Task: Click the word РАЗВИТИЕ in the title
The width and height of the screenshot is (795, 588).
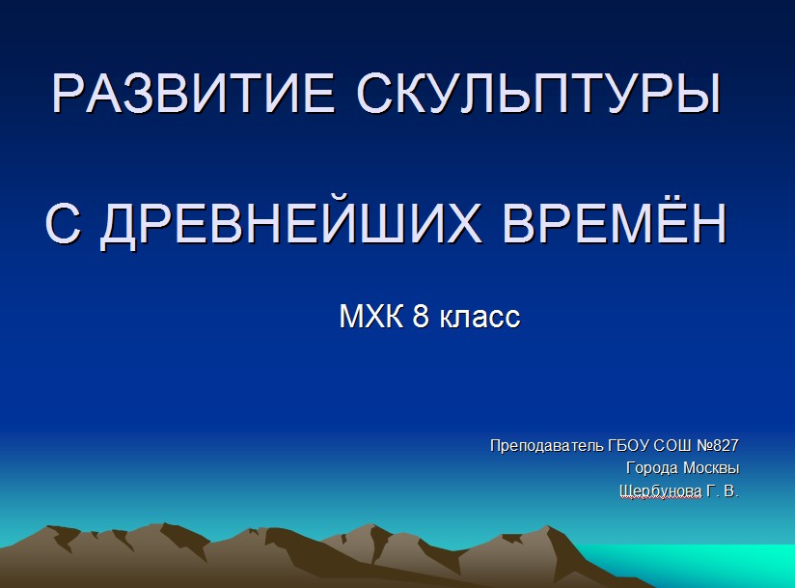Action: pyautogui.click(x=193, y=94)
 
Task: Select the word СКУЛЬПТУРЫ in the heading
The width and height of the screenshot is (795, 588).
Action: pyautogui.click(x=539, y=94)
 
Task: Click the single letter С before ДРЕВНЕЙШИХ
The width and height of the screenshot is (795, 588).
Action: pyautogui.click(x=63, y=224)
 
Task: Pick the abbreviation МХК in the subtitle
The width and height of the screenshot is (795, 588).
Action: pyautogui.click(x=371, y=316)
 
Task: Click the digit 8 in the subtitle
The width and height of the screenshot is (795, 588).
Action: pyautogui.click(x=421, y=316)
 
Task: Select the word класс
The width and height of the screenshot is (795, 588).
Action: pyautogui.click(x=480, y=317)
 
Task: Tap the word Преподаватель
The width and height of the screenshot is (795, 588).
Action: pyautogui.click(x=547, y=445)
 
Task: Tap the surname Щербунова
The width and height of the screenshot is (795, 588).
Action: pyautogui.click(x=661, y=491)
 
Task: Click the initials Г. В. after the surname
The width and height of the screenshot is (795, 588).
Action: pyautogui.click(x=723, y=490)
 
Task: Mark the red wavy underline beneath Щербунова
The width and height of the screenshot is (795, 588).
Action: pyautogui.click(x=661, y=498)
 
